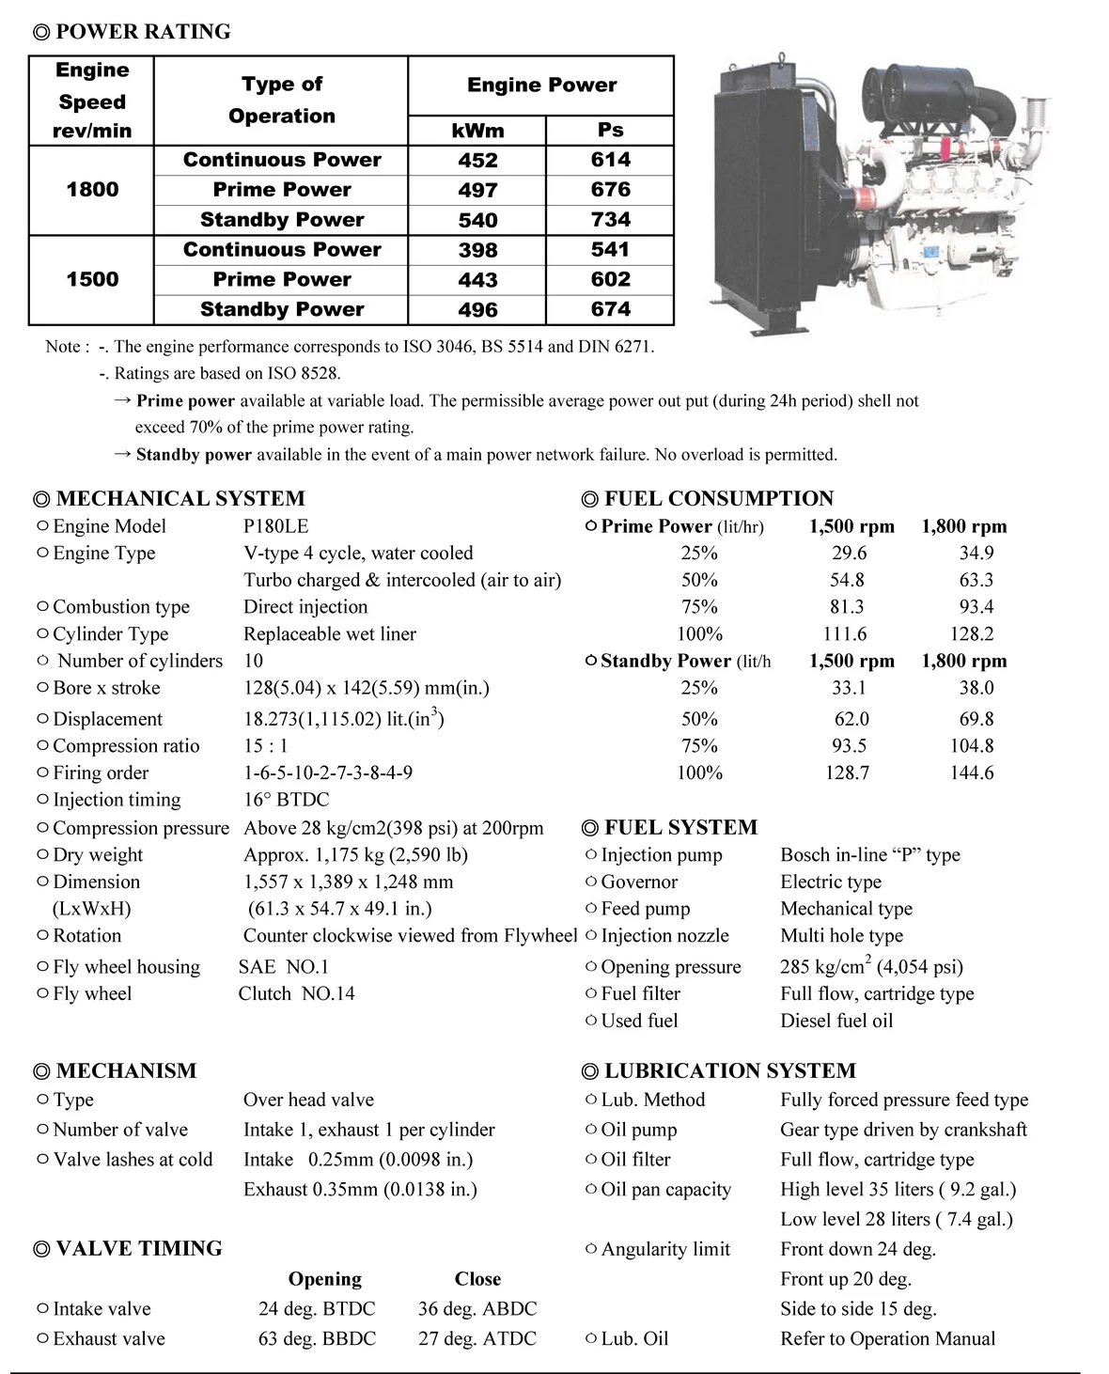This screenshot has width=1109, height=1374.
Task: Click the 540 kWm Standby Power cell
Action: (x=477, y=220)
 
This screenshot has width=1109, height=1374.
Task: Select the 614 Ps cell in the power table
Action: (x=610, y=160)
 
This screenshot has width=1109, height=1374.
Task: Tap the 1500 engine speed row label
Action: (x=92, y=279)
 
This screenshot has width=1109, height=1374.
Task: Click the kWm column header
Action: (x=477, y=131)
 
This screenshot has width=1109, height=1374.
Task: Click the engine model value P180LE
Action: (x=275, y=526)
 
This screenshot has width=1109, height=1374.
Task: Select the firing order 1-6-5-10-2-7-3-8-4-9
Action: (x=328, y=773)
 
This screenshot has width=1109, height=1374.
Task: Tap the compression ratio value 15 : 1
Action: (x=266, y=746)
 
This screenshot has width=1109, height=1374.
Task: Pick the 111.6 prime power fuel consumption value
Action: (x=844, y=634)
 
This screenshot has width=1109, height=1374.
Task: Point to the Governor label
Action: (x=639, y=882)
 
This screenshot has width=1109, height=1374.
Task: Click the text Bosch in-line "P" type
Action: (x=869, y=855)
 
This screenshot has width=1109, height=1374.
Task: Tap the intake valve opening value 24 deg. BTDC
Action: (x=317, y=1309)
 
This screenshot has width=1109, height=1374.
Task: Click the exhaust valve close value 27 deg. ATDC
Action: (x=477, y=1339)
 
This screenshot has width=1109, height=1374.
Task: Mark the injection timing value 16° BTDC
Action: (x=287, y=800)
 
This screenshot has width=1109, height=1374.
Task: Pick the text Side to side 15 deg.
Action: (x=858, y=1309)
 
